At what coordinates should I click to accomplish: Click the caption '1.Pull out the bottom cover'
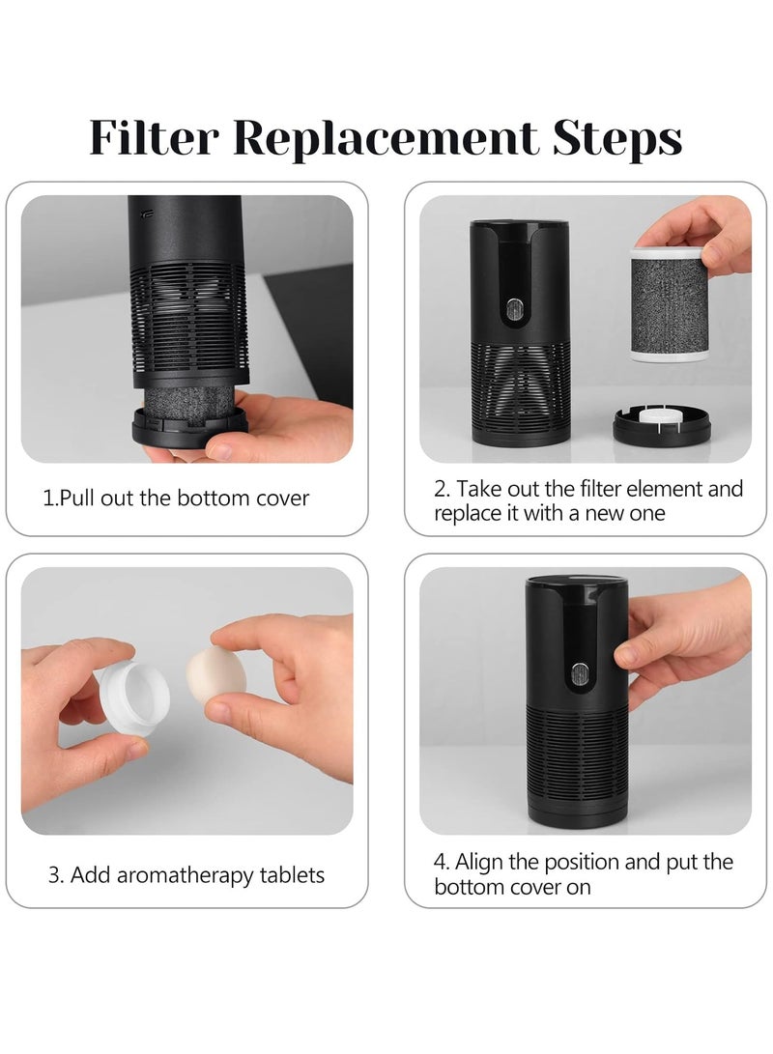point(176,499)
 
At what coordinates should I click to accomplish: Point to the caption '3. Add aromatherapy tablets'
point(186,875)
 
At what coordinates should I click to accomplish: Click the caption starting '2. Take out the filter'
point(588,500)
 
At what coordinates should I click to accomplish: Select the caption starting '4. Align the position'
point(584,873)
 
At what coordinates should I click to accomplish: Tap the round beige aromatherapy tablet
point(215,674)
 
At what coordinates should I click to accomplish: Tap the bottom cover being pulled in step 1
point(189,426)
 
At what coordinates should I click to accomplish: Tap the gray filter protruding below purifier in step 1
point(190,398)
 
